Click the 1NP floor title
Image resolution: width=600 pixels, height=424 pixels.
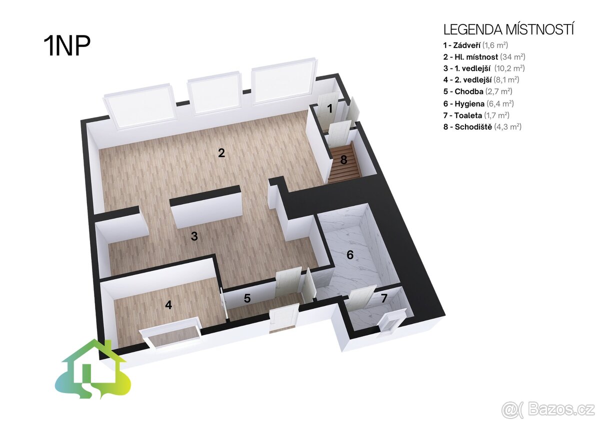[x=67, y=46]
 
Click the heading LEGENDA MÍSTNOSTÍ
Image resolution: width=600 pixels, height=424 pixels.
[x=508, y=29]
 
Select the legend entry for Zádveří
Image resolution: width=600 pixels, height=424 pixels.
[x=475, y=45]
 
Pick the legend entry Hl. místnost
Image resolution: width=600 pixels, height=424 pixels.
[x=484, y=57]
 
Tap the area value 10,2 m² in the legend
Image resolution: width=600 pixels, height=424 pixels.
[x=509, y=68]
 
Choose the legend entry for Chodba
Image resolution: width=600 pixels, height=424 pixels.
[x=478, y=91]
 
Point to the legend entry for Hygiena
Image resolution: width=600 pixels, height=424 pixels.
[x=478, y=103]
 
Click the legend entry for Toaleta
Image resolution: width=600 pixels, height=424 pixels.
[x=476, y=115]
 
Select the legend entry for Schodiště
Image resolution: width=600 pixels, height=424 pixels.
[x=482, y=126]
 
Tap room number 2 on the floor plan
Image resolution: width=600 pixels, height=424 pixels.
[x=221, y=153]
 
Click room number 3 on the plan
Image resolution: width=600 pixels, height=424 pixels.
[x=194, y=236]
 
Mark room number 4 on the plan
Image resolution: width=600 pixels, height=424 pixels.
[x=168, y=305]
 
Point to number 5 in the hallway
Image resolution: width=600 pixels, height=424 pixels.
[x=247, y=298]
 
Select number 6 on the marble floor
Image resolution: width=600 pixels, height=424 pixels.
[x=350, y=254]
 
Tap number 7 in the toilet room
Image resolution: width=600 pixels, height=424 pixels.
[x=384, y=298]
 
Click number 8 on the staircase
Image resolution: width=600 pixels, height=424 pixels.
[x=343, y=160]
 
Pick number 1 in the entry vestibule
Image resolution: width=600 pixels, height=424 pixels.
[x=329, y=108]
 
